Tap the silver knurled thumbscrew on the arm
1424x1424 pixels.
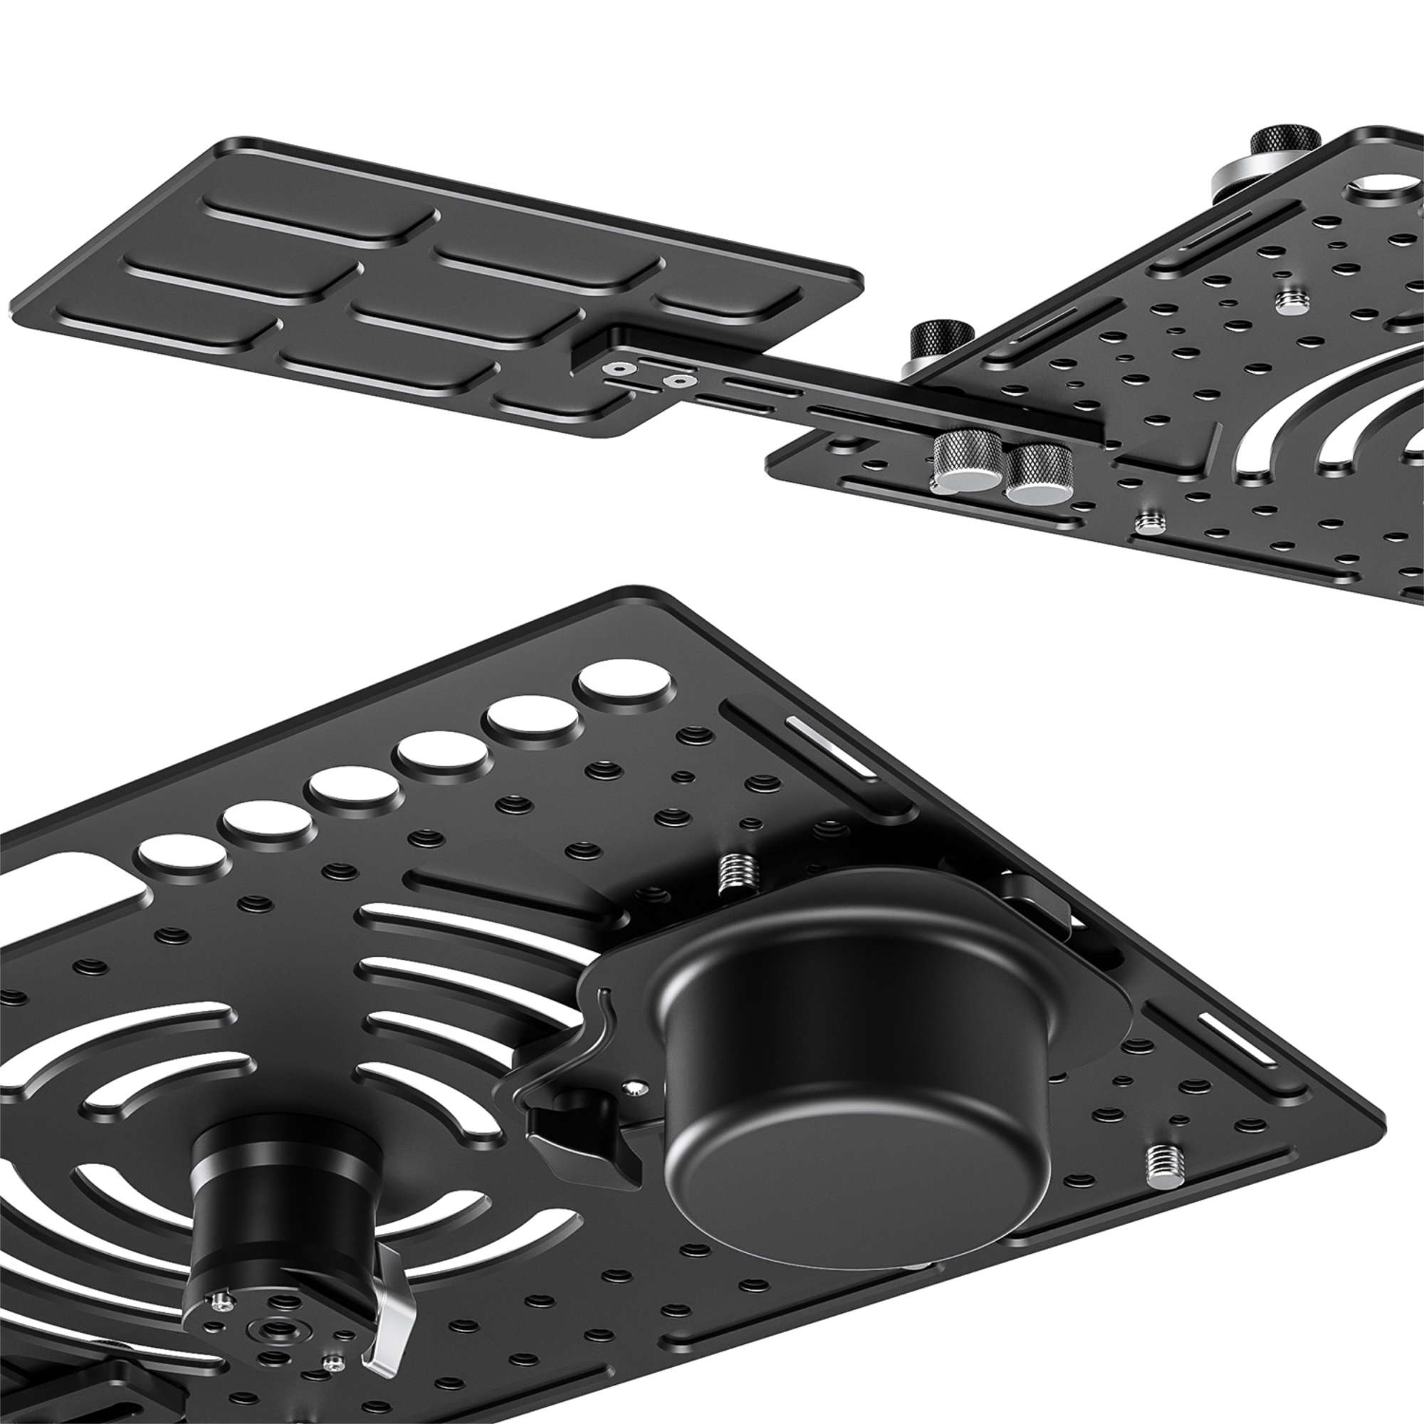(x=965, y=462)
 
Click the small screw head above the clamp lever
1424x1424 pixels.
(x=635, y=1087)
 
